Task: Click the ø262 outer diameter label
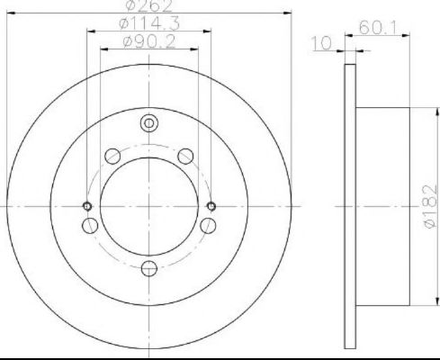tap(149, 5)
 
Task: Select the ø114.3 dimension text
tap(149, 23)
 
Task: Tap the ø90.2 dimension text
tap(149, 41)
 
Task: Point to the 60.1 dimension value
tap(378, 28)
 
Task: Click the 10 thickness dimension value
tap(321, 43)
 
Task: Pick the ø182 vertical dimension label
tap(430, 206)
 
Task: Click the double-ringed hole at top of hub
tap(149, 123)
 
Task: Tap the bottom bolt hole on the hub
tap(149, 268)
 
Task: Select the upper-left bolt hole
tap(112, 157)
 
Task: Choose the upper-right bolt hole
tap(185, 157)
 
